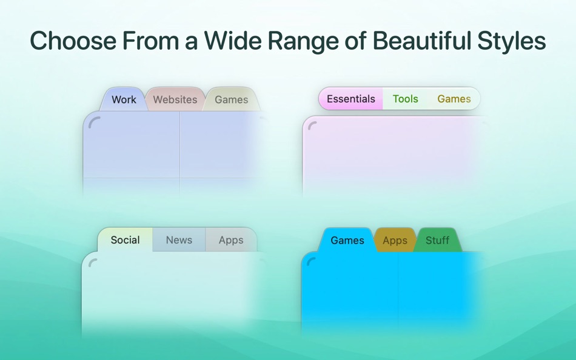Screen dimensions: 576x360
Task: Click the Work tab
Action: [124, 99]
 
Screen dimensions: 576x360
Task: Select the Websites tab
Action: [175, 99]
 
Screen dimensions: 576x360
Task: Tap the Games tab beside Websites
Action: [232, 99]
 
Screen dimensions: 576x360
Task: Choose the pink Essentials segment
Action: [351, 99]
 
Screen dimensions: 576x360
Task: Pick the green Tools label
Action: [405, 99]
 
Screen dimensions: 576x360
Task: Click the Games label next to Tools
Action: [454, 99]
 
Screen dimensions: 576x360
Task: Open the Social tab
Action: [126, 240]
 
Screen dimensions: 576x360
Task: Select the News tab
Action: [179, 240]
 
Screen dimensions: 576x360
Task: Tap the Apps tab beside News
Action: [231, 240]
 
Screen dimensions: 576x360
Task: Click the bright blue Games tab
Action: [347, 240]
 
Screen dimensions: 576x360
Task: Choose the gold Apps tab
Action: [395, 240]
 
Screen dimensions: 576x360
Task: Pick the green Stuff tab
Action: [437, 240]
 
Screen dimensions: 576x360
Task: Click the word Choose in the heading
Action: [73, 41]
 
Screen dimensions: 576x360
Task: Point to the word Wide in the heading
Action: [233, 41]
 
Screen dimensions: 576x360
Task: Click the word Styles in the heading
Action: [511, 41]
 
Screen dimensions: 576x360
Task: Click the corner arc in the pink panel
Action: [312, 124]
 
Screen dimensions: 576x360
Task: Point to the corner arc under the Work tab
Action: [93, 121]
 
